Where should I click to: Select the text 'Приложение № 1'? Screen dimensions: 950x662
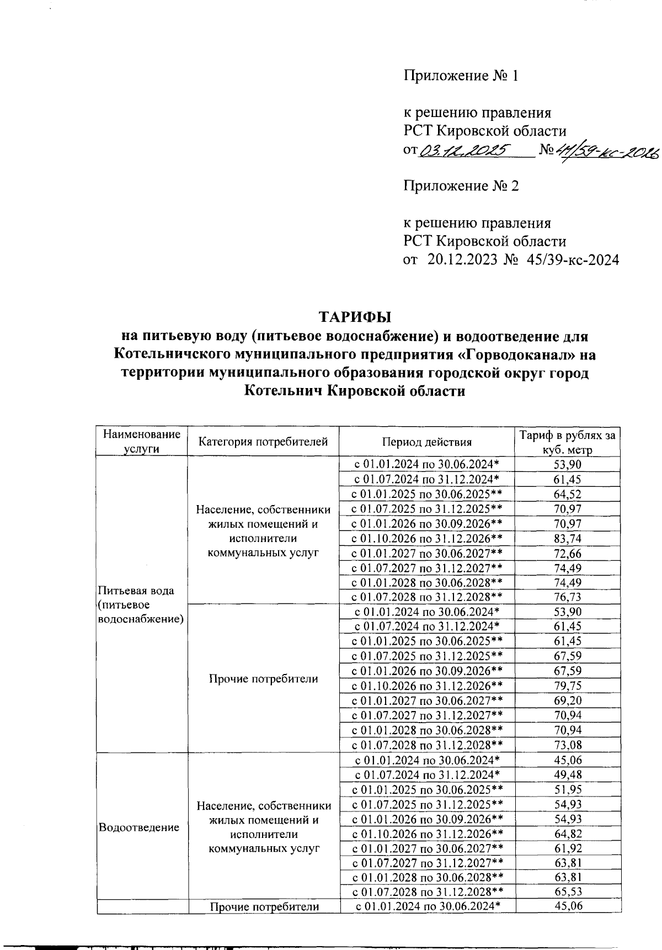(461, 76)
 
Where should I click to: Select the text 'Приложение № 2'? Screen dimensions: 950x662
(461, 186)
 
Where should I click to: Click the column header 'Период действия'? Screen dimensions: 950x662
(426, 442)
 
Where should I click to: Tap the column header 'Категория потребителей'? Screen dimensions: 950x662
(263, 442)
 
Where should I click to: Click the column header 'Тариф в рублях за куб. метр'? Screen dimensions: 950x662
(567, 442)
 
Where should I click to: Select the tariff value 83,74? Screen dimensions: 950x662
(567, 538)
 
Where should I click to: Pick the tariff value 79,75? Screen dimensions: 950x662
(567, 686)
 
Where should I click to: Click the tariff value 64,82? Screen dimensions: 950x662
(567, 834)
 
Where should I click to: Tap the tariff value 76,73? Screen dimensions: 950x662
(567, 597)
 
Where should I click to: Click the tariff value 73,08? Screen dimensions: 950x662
(567, 745)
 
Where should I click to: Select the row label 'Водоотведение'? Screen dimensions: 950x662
(138, 827)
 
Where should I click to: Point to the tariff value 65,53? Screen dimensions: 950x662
(567, 891)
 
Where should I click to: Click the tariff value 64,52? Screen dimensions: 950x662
(567, 494)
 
